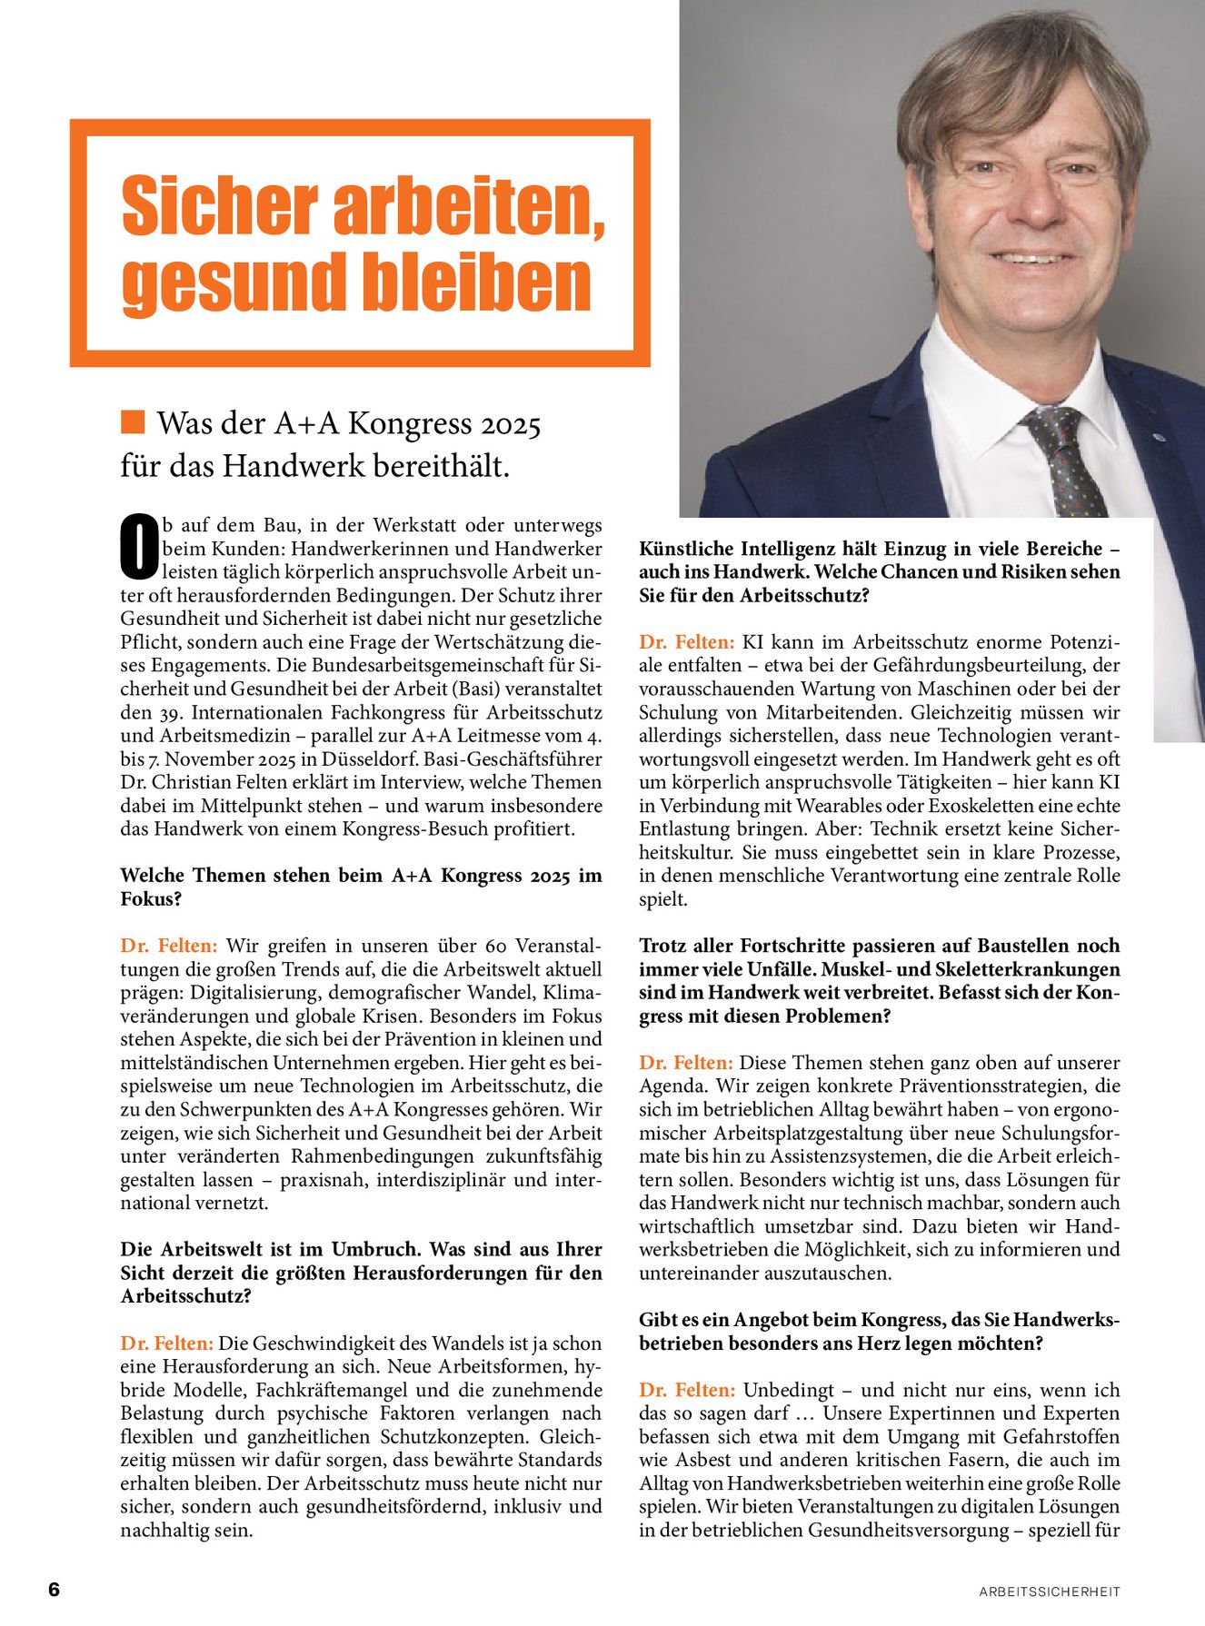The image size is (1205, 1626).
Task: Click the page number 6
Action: point(54,1590)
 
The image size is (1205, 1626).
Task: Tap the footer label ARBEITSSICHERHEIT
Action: point(1050,1591)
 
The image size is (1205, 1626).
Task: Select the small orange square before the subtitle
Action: point(133,421)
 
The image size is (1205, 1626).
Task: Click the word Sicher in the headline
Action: point(221,207)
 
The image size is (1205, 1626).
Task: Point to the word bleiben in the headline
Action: point(478,283)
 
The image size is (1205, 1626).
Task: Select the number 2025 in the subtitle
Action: point(511,425)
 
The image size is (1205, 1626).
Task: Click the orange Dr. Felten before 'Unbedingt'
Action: point(687,1390)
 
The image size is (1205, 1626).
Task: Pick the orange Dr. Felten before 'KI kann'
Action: point(686,642)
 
